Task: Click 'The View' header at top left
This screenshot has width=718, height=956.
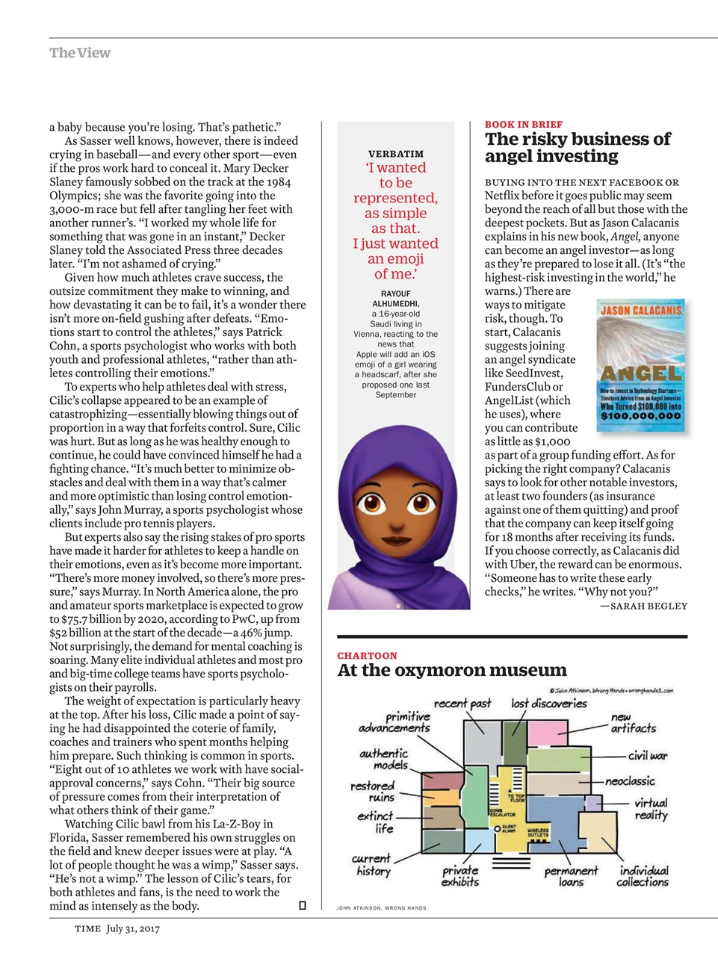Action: (79, 53)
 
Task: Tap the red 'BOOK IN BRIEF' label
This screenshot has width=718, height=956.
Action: (523, 125)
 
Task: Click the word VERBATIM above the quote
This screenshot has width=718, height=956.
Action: (395, 154)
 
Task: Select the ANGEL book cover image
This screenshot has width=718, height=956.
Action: (640, 366)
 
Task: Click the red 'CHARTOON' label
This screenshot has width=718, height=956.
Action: (367, 656)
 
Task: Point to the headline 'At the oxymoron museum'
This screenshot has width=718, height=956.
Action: (451, 670)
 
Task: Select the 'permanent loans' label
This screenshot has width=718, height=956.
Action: (571, 876)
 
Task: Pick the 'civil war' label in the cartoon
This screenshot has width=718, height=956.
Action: (647, 755)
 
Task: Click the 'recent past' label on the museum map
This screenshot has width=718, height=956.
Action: (462, 703)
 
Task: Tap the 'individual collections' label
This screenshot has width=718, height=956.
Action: (643, 876)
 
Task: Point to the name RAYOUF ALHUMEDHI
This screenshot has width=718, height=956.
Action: (395, 299)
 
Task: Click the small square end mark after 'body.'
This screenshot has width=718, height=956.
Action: (302, 906)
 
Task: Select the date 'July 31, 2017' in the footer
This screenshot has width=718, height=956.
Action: (133, 929)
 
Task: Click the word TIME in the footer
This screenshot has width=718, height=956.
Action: (87, 929)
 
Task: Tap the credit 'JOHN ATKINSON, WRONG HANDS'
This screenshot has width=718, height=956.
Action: (381, 908)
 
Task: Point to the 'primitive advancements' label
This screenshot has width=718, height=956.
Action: (395, 721)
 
